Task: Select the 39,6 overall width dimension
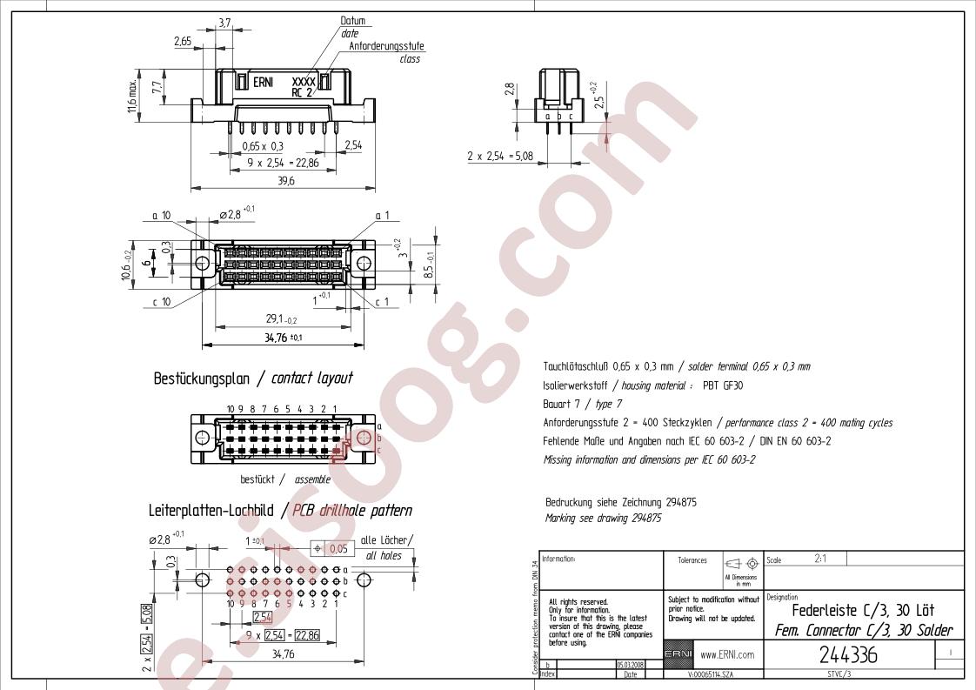285,180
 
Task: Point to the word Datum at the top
352,21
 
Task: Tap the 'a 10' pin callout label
162,215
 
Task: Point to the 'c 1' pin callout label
381,302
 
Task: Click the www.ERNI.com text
727,654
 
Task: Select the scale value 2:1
820,559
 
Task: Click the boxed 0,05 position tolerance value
338,549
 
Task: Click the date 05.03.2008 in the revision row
630,663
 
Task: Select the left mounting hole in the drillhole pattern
201,579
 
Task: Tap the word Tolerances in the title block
692,560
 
